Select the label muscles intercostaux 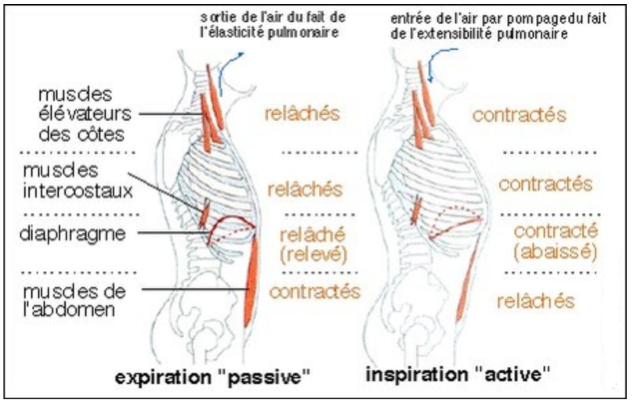77,178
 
